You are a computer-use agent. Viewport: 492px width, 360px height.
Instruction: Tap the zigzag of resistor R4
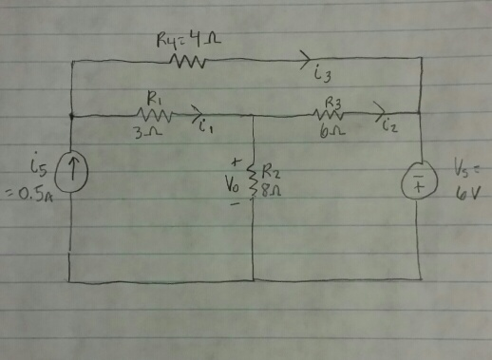coord(188,62)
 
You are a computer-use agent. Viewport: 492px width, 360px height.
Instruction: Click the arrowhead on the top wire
coord(308,57)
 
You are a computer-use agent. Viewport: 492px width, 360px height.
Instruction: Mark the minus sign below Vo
coord(234,203)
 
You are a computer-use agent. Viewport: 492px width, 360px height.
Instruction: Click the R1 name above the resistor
coord(153,97)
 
